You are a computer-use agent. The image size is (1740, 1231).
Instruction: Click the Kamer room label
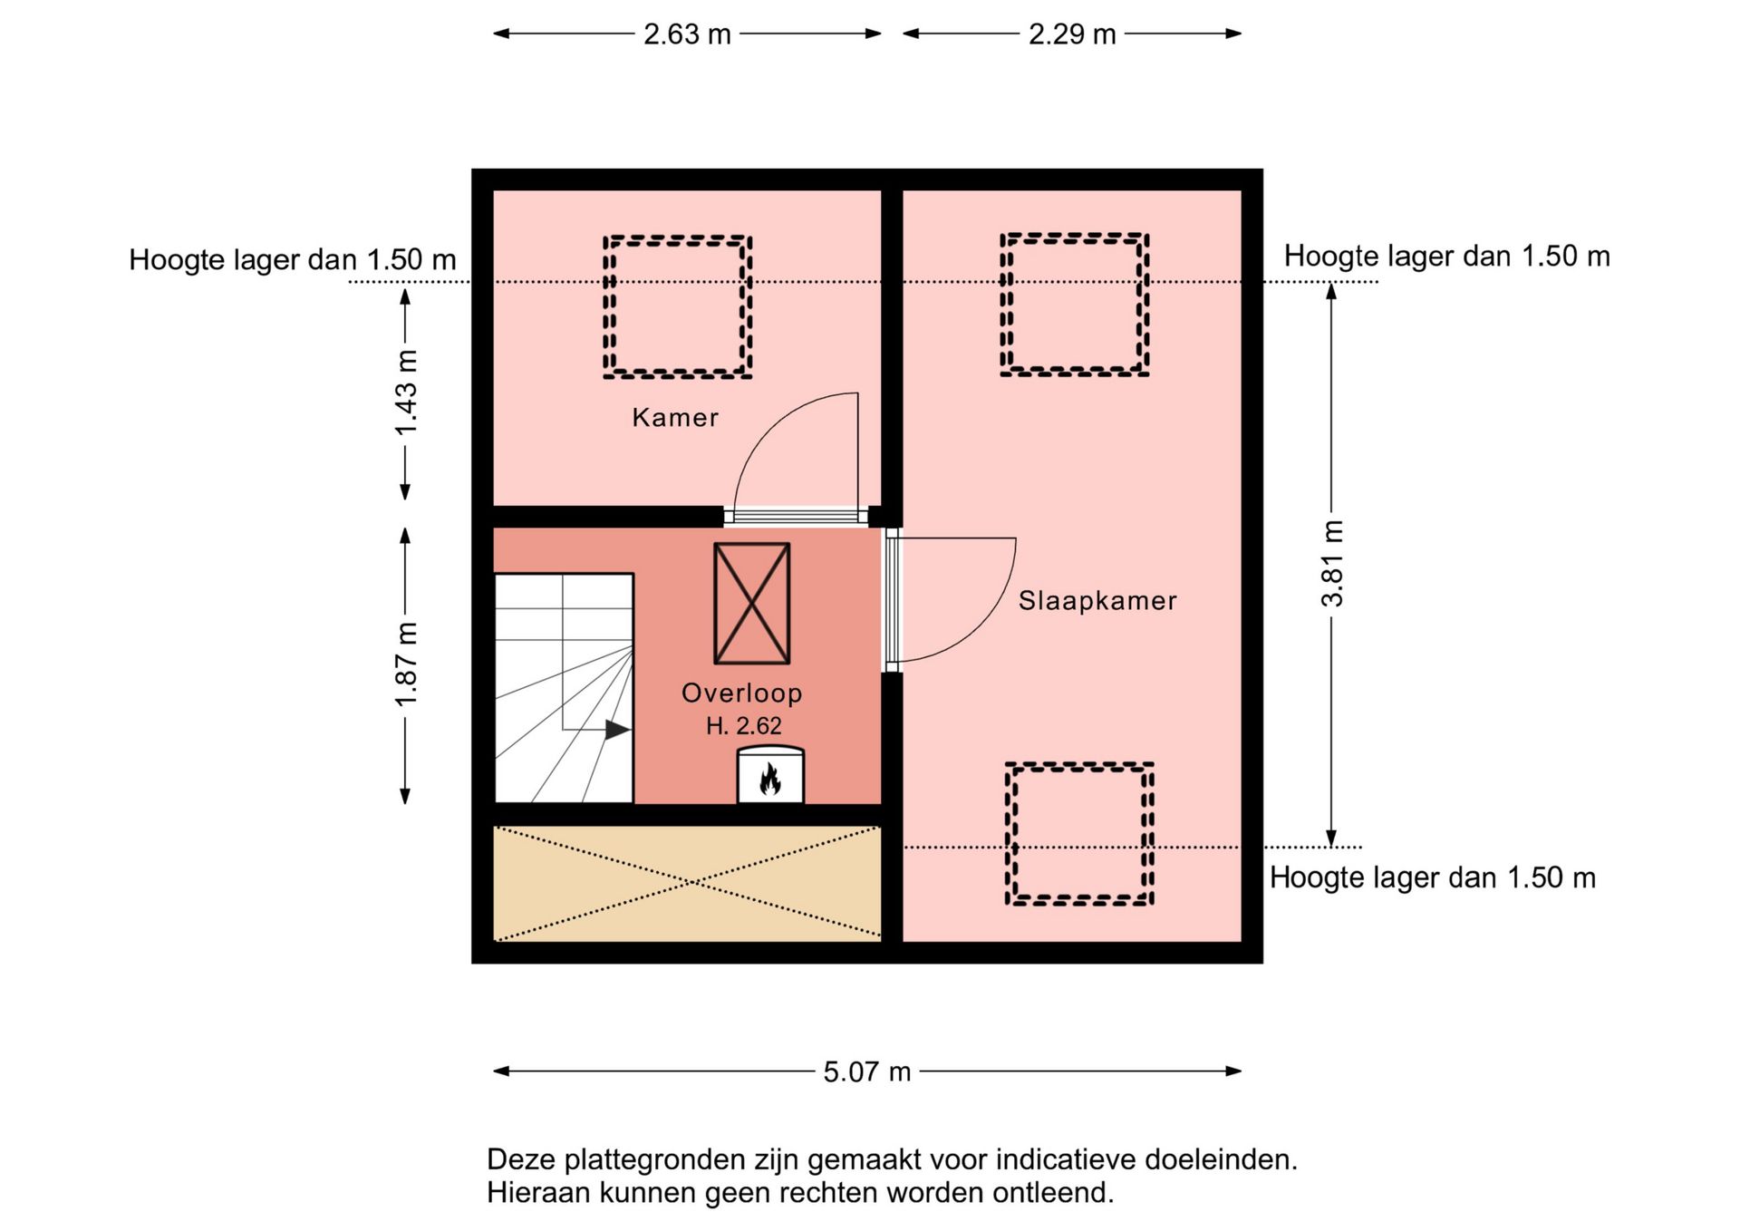click(675, 418)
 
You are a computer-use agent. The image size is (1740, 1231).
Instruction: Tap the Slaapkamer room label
click(1097, 601)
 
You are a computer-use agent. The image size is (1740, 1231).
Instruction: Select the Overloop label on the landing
click(741, 693)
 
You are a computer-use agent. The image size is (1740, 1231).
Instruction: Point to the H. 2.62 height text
click(743, 726)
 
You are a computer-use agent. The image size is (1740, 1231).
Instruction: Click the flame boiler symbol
click(770, 778)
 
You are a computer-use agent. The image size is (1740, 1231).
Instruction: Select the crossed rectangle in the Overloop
click(751, 604)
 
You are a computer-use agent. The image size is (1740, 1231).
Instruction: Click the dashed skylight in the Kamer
click(677, 306)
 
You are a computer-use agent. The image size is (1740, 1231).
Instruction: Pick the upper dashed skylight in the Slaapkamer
click(1074, 305)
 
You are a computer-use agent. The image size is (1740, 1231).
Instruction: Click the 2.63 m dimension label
click(687, 34)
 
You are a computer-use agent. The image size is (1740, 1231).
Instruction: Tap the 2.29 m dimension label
click(1071, 34)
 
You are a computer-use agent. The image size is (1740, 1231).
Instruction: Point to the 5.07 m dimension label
click(866, 1072)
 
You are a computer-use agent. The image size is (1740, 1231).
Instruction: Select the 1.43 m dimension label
click(406, 392)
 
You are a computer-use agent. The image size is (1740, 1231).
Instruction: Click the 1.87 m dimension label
click(406, 664)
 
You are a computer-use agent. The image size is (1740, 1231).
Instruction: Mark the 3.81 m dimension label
click(1332, 564)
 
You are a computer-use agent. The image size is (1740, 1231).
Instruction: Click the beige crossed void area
click(687, 883)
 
